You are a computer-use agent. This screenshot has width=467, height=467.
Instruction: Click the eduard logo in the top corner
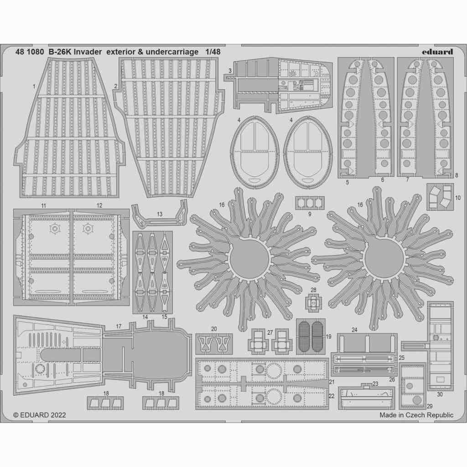tap(437, 52)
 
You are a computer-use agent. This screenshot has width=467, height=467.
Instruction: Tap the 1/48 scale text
tap(213, 52)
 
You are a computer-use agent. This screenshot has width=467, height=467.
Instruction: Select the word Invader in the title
tap(86, 52)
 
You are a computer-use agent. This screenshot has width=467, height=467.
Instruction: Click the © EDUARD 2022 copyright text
tap(40, 415)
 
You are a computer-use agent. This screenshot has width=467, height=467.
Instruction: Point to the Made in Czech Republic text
tap(416, 415)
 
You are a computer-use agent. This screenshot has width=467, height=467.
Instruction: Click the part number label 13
tap(159, 214)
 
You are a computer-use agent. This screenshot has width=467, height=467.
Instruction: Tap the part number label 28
tap(313, 290)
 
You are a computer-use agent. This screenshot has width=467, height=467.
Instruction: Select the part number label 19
tap(328, 337)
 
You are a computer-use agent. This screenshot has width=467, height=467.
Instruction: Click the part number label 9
tap(309, 213)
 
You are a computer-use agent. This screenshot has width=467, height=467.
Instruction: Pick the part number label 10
tap(457, 197)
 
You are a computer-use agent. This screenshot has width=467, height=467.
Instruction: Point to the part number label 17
tap(119, 327)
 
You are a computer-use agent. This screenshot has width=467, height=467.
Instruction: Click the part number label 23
tap(375, 384)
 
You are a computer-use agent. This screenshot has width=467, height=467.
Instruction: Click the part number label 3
tap(230, 70)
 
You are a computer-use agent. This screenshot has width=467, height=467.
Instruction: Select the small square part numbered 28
tap(313, 301)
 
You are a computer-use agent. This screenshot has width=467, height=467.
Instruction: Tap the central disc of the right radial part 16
tap(384, 259)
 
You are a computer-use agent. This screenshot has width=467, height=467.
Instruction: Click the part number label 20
tap(214, 329)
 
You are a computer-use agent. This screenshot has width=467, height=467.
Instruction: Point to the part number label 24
tap(354, 330)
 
